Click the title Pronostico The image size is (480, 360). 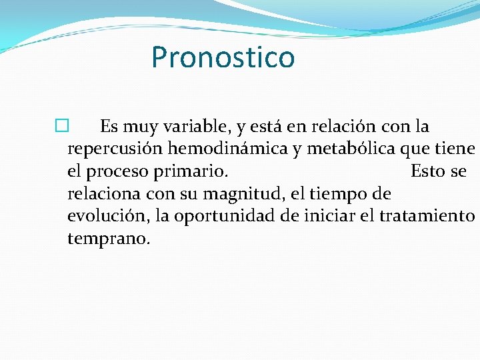click(x=223, y=57)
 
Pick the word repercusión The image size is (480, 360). click(x=111, y=149)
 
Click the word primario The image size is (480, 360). click(x=191, y=172)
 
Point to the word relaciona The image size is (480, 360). click(x=102, y=194)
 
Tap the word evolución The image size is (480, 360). click(x=108, y=216)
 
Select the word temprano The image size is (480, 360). click(x=109, y=239)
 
